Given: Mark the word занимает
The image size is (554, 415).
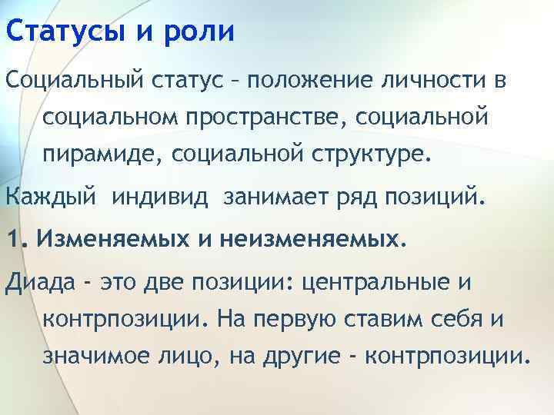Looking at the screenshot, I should pos(274,199).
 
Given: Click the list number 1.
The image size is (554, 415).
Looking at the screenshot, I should pos(12,240).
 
